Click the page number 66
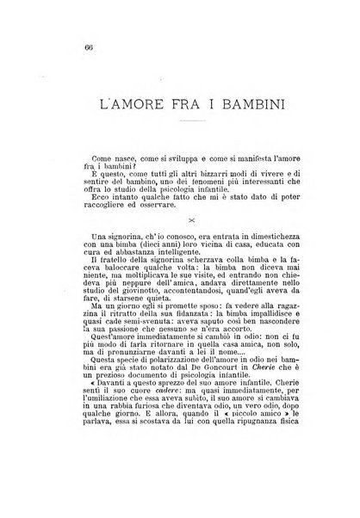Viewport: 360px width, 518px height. click(65, 46)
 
